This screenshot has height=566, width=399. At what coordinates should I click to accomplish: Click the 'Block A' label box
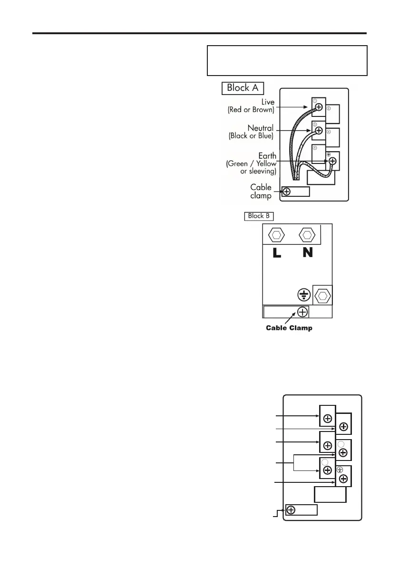(x=243, y=88)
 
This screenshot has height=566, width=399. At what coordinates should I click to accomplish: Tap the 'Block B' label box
(x=259, y=216)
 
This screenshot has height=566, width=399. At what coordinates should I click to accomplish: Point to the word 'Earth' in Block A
(x=264, y=155)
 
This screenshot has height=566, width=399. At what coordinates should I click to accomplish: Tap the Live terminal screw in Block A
(x=319, y=107)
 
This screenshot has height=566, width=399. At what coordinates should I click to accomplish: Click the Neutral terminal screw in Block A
(x=319, y=131)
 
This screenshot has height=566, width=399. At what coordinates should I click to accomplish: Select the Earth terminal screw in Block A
(x=332, y=161)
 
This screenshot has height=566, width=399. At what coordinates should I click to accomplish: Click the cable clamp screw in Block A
(x=286, y=192)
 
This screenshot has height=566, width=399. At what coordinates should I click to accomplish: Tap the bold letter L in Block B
(x=277, y=253)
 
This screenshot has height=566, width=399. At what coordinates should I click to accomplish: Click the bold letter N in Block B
(x=308, y=253)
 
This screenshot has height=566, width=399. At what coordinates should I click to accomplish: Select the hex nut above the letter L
(x=277, y=234)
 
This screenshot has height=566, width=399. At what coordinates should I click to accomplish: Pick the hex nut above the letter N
(x=308, y=234)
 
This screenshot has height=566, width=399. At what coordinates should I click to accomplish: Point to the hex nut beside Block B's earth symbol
(x=322, y=296)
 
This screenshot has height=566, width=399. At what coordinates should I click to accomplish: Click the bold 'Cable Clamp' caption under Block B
(x=289, y=328)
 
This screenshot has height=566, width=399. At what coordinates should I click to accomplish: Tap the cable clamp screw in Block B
(x=302, y=312)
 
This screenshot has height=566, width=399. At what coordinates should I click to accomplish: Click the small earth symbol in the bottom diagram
(x=340, y=470)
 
